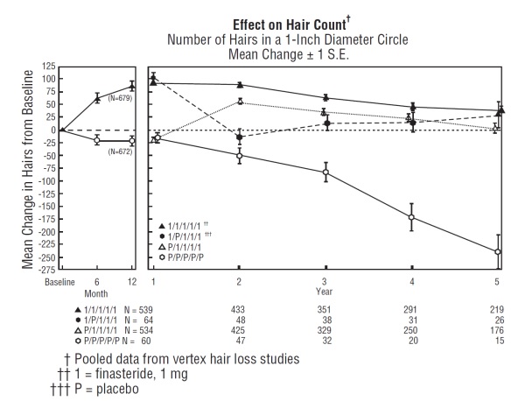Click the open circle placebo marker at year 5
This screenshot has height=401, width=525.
point(498,252)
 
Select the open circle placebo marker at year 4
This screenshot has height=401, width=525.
point(411,217)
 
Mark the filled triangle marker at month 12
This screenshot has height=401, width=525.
point(132,86)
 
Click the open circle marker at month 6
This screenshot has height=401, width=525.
point(97,140)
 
